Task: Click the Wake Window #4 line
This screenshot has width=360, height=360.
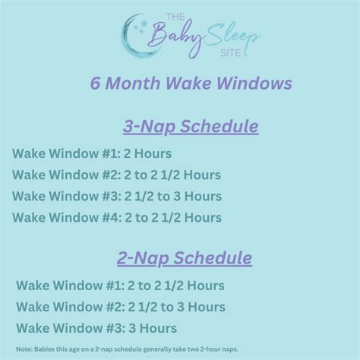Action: (116, 218)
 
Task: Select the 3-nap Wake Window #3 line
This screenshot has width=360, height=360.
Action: (116, 197)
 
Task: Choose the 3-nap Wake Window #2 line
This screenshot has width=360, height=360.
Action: (116, 175)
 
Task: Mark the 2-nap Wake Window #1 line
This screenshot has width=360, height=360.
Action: (120, 286)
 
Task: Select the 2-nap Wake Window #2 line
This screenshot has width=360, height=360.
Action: (120, 307)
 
